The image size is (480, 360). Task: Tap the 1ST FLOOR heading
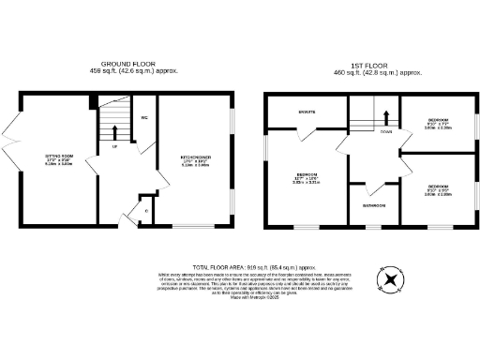click(x=372, y=65)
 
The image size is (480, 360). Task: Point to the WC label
click(x=144, y=118)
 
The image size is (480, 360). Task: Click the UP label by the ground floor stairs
click(x=114, y=147)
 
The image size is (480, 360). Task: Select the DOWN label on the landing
click(x=386, y=132)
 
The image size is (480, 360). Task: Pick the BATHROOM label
click(x=374, y=205)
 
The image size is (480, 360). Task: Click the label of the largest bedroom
click(x=307, y=178)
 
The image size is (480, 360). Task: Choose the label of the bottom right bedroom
click(x=438, y=188)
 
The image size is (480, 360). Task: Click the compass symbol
click(x=389, y=279)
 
